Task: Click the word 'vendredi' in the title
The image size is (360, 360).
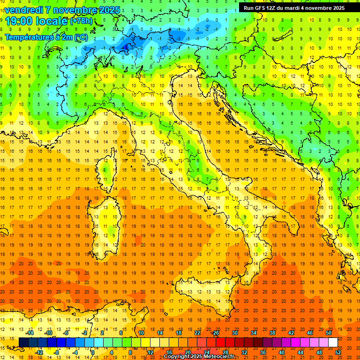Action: click(24, 10)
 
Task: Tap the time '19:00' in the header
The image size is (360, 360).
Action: click(20, 21)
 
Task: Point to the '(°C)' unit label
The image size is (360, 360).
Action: click(80, 37)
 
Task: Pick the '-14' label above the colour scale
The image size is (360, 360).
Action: click(30, 333)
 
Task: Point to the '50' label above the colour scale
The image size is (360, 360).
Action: click(328, 333)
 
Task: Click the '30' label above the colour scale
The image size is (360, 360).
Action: click(235, 333)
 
